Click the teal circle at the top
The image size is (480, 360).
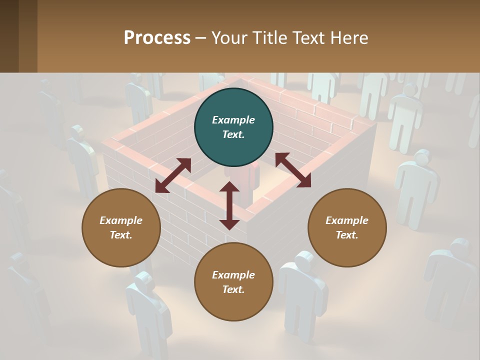coord(233,127)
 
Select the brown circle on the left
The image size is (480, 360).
coord(121,227)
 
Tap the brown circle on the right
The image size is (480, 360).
coord(347,227)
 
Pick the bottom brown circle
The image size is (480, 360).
coord(233,282)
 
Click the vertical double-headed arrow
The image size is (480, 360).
coord(229,205)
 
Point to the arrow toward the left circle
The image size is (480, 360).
coord(173,175)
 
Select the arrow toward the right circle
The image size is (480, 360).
coord(293,170)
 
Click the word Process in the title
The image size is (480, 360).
coord(157,37)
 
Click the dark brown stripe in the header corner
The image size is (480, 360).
coord(9,36)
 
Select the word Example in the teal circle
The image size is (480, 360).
coord(233,120)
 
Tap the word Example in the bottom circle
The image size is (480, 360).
coord(233,275)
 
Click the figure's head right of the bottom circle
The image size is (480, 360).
coord(303,260)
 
